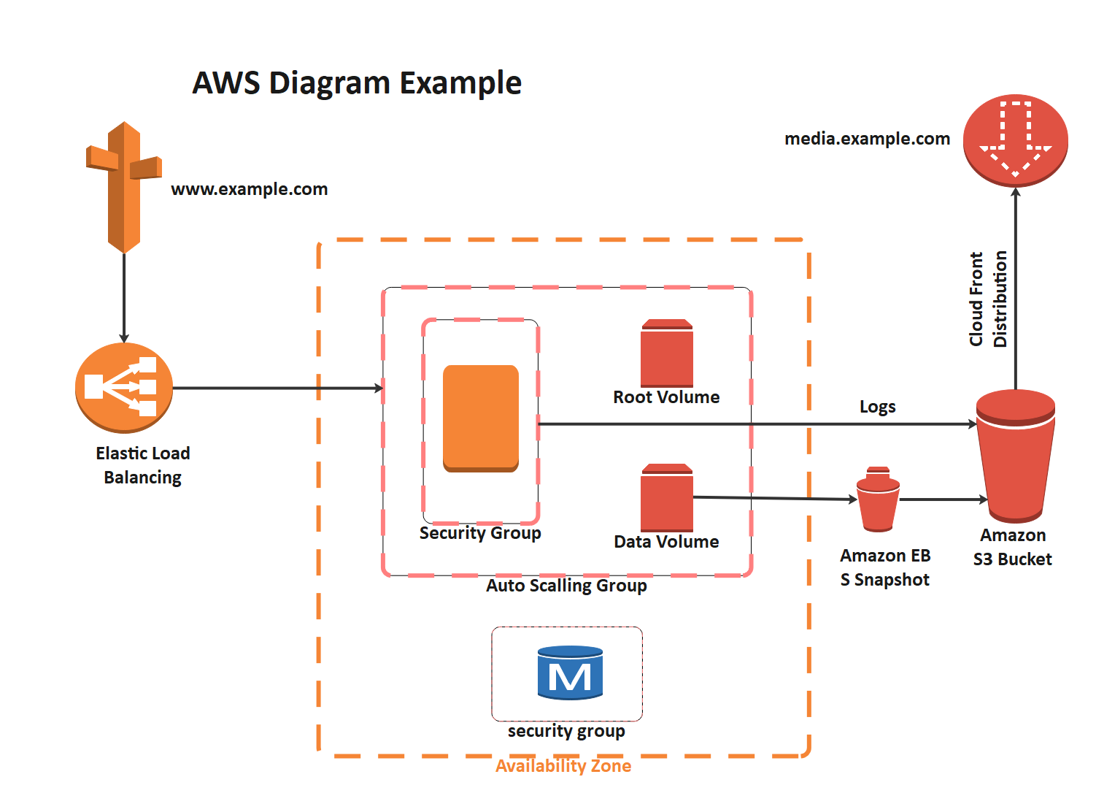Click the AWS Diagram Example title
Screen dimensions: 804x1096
point(357,83)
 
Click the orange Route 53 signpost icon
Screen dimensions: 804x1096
point(124,187)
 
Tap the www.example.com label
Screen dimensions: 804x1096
point(249,189)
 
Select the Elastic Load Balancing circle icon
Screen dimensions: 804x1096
point(124,388)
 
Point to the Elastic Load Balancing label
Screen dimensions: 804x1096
point(143,465)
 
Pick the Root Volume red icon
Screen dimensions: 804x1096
point(666,353)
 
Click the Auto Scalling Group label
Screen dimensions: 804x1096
point(566,586)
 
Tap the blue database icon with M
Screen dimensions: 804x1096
point(570,673)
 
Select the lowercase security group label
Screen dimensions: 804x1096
point(566,731)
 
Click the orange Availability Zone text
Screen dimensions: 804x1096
point(563,766)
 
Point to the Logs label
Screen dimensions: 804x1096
point(877,407)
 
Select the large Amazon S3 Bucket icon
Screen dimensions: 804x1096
point(1015,456)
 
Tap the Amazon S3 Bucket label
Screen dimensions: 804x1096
point(1013,547)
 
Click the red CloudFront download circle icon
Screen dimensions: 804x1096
point(1015,141)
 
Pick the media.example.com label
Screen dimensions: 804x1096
point(867,139)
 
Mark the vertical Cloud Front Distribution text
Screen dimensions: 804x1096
point(988,299)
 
